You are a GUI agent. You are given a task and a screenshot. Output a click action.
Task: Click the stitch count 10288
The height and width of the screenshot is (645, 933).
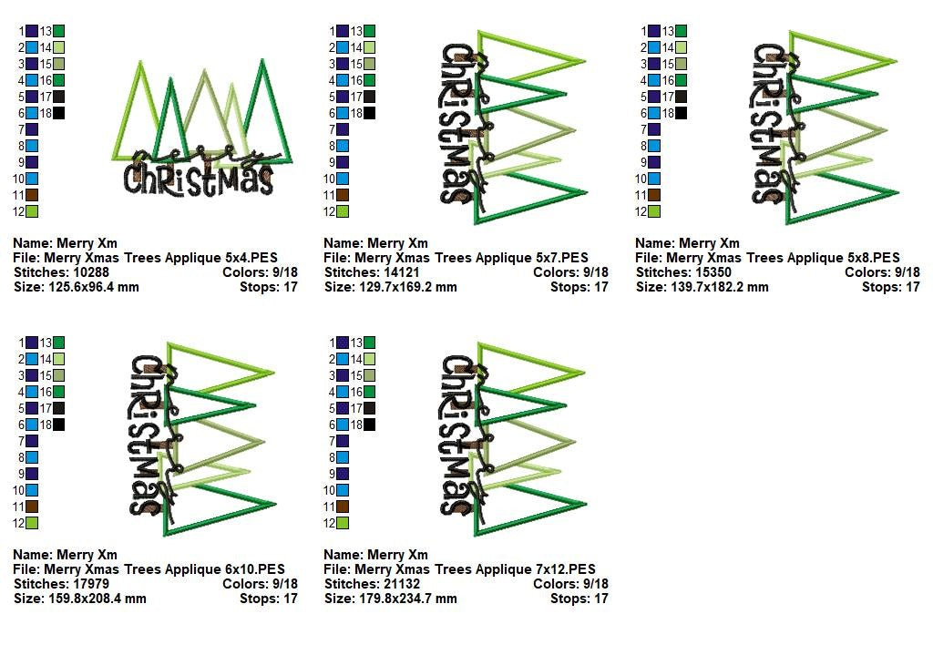(91, 272)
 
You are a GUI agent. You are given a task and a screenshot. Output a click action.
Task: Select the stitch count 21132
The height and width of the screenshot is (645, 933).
(402, 584)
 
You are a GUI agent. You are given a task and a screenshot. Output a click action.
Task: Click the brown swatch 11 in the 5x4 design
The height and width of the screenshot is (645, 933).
(32, 195)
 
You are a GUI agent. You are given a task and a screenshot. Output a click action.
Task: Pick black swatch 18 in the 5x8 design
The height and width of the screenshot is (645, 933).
(682, 113)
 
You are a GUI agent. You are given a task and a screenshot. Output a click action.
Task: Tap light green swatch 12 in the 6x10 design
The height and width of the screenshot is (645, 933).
(32, 523)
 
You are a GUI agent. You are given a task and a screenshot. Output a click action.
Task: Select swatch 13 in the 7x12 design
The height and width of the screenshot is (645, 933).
(370, 343)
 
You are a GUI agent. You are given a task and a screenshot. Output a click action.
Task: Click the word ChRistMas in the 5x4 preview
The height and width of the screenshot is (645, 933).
(199, 179)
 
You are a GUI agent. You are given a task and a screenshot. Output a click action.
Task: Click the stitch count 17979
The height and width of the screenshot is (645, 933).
(91, 584)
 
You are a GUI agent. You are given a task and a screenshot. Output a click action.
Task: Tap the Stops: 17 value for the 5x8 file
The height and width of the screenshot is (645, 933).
(891, 287)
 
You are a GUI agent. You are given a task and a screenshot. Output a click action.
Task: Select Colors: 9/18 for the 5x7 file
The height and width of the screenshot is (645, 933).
(570, 272)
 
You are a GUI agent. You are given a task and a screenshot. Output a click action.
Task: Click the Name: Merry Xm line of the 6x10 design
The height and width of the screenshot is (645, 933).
(66, 555)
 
